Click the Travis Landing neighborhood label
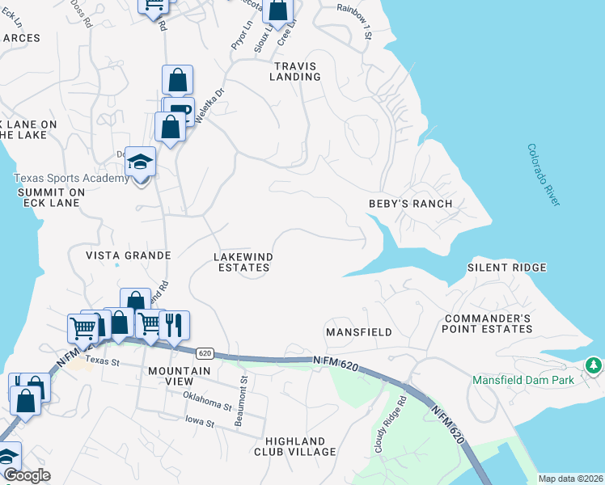296,71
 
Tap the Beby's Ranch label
410,204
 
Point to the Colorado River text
543,175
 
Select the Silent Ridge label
507,268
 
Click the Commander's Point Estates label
488,323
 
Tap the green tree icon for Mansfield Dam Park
594,366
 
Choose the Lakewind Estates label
243,262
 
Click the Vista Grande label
129,255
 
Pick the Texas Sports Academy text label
71,179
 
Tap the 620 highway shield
205,353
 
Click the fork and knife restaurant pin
174,324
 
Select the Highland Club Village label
296,446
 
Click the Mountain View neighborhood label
180,377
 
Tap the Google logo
26,475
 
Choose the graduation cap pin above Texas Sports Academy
140,162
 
